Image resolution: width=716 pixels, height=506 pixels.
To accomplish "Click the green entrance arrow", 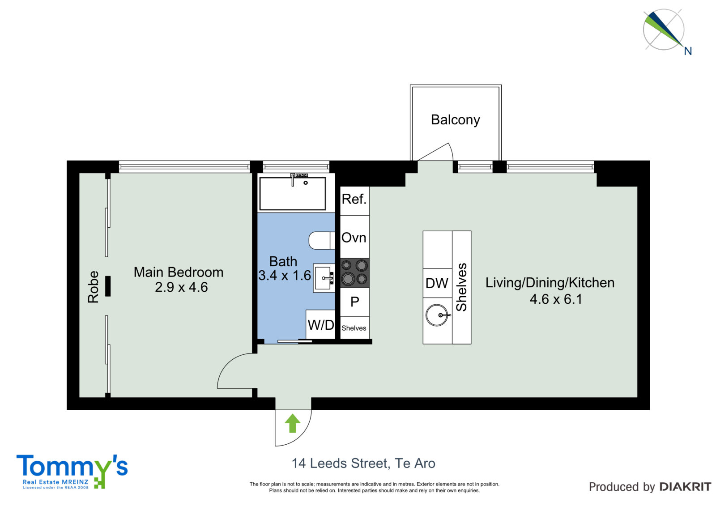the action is [293, 423].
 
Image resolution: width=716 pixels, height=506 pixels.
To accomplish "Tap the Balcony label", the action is [455, 120].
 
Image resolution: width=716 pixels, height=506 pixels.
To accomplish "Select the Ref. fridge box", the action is [354, 201].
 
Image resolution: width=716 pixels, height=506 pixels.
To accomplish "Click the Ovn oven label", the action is [354, 238].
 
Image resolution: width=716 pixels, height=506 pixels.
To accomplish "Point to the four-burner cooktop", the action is [354, 272].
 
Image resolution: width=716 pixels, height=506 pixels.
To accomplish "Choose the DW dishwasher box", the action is [437, 283].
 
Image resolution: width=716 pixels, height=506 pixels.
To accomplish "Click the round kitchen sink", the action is [437, 315].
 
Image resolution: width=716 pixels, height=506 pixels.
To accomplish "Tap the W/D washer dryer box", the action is [320, 324].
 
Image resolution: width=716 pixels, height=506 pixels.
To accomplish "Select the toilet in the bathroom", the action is [322, 240].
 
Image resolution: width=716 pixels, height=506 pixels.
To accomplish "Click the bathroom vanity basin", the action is [324, 278].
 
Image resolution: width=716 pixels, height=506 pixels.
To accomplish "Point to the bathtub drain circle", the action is [306, 183].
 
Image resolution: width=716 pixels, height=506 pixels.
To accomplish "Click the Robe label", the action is [94, 287].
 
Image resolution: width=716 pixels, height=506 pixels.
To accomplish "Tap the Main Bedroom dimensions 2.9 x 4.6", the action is [181, 287].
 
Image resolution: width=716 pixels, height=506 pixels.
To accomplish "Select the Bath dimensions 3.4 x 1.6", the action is [285, 276].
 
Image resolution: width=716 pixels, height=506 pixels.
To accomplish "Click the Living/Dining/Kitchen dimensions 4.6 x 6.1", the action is [556, 299].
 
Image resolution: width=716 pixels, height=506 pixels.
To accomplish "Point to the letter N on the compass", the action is [687, 51].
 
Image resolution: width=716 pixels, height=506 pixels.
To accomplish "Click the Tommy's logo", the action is [72, 471].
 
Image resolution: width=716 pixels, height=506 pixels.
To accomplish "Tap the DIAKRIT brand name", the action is [685, 487].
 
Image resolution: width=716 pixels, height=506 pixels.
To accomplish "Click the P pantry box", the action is [354, 302].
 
